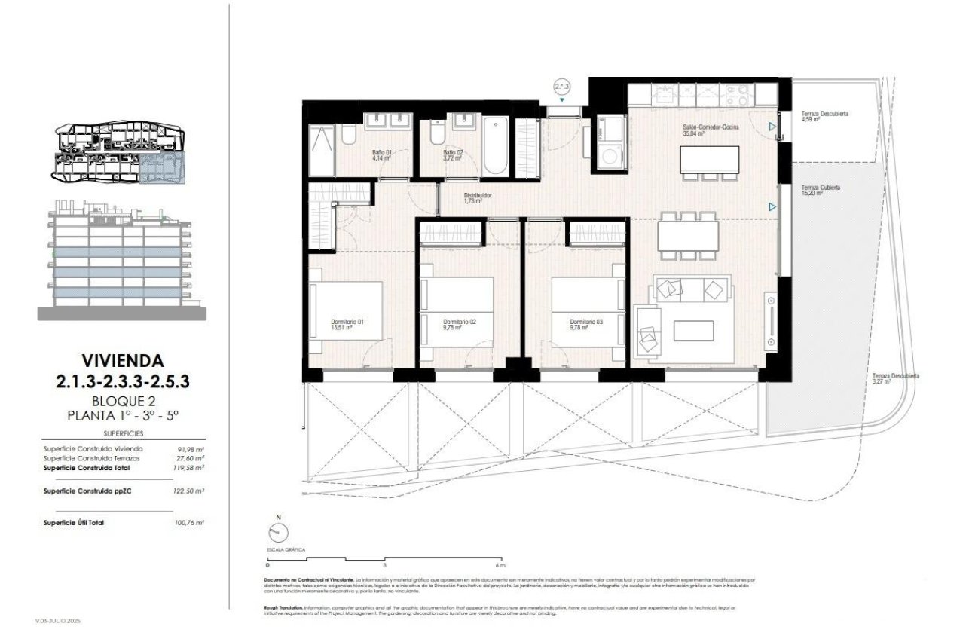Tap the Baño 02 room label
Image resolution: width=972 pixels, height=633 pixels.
pyautogui.click(x=452, y=155)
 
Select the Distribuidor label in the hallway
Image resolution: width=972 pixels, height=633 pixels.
pyautogui.click(x=477, y=198)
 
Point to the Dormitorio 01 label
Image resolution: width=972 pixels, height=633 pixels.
pyautogui.click(x=347, y=325)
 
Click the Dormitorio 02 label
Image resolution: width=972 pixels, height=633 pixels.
pyautogui.click(x=460, y=324)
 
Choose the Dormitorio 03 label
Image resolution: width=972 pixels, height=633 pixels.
pyautogui.click(x=586, y=324)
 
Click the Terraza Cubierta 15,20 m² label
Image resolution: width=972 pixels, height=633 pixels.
pyautogui.click(x=821, y=190)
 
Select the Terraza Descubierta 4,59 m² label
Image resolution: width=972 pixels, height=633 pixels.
pyautogui.click(x=824, y=116)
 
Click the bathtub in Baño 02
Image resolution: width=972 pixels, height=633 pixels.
pyautogui.click(x=497, y=145)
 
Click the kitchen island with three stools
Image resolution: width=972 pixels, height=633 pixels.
pyautogui.click(x=709, y=159)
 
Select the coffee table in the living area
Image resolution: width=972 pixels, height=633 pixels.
pyautogui.click(x=693, y=330)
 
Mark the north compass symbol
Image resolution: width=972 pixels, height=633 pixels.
pyautogui.click(x=278, y=533)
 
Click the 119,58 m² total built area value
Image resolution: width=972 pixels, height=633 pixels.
pyautogui.click(x=189, y=467)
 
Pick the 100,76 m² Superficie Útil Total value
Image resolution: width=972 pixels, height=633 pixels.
pyautogui.click(x=189, y=521)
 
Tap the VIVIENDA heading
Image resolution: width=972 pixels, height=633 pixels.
pyautogui.click(x=122, y=362)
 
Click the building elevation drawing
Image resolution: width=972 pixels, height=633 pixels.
pyautogui.click(x=121, y=260)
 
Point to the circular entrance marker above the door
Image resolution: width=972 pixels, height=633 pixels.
pyautogui.click(x=561, y=87)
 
